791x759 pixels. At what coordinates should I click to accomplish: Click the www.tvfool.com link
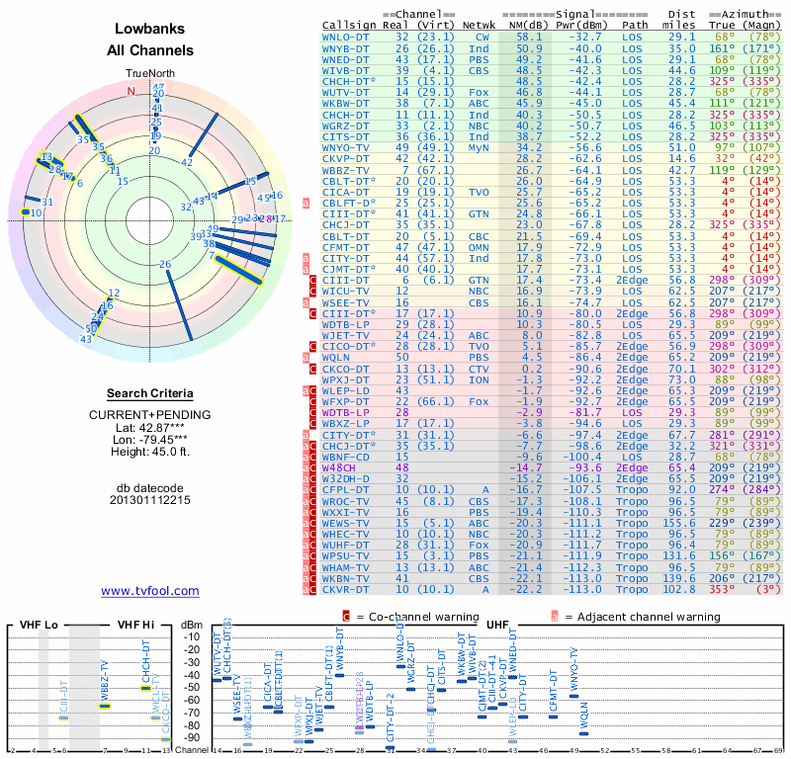150,591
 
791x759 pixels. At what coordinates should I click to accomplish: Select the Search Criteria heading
150,393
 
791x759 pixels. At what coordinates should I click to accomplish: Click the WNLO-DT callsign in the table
346,36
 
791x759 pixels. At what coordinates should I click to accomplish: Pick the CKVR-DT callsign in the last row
346,589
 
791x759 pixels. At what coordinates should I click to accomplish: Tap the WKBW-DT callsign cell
346,102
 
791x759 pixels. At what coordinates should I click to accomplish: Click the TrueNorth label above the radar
149,74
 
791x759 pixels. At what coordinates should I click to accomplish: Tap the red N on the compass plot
129,91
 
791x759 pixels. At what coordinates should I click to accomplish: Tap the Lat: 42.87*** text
150,426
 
